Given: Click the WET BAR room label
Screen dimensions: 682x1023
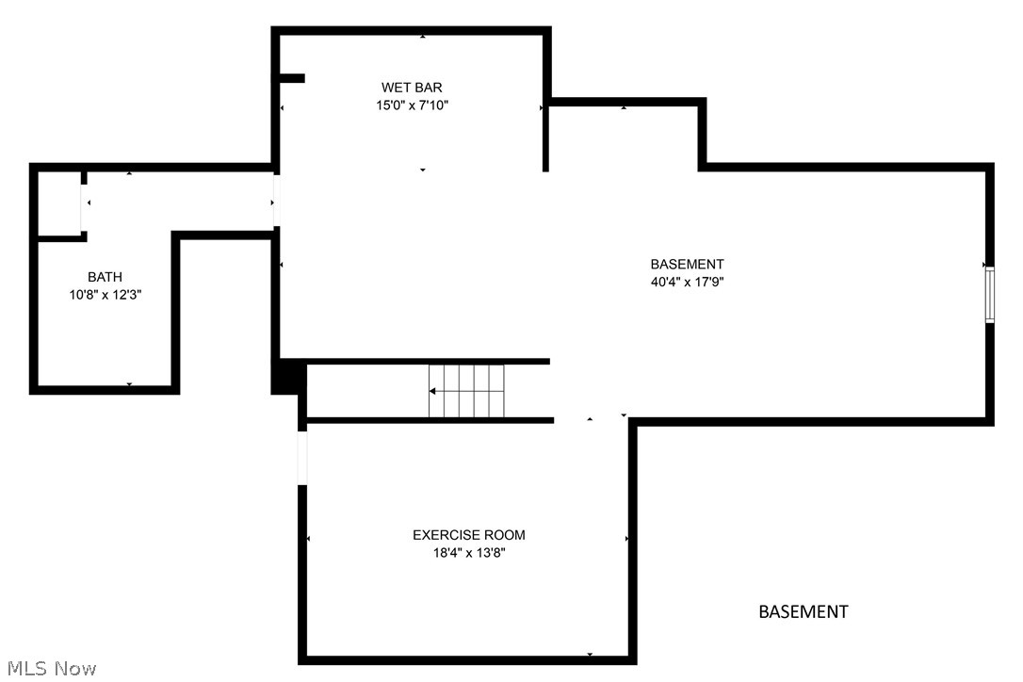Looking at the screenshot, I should (412, 88).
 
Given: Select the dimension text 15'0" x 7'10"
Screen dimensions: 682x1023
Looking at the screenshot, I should (412, 106).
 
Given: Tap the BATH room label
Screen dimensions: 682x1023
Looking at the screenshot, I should (105, 277).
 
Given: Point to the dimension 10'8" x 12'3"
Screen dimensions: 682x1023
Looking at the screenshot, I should (105, 295).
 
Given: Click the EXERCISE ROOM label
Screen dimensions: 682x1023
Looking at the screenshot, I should (469, 535).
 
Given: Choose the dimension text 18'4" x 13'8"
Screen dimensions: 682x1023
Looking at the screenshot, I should (469, 553).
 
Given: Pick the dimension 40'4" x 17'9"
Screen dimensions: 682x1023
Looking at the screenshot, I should (687, 282).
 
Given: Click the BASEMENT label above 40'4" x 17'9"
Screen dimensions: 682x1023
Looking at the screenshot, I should (687, 264).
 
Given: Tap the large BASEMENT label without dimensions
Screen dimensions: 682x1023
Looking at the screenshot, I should (804, 612).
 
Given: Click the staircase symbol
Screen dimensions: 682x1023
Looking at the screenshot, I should (467, 391).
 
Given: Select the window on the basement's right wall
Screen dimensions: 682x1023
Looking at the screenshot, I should (989, 295).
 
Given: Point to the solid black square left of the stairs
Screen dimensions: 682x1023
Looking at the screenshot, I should (285, 378).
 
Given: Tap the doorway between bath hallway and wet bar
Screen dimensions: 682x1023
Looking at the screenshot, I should (276, 200).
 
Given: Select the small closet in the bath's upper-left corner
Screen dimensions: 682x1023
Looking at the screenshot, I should (59, 203).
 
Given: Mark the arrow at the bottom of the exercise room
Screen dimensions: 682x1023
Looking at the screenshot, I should (590, 654).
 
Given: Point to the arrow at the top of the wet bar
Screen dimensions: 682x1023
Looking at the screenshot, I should (423, 37).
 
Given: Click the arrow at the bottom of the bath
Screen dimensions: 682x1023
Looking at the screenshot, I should (129, 384).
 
